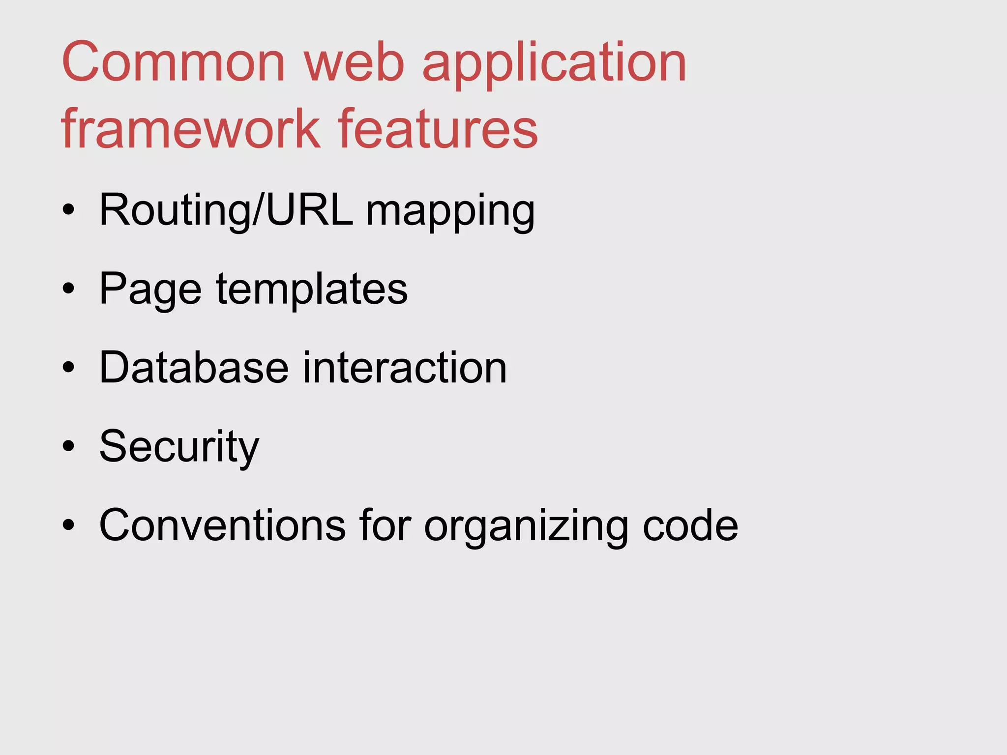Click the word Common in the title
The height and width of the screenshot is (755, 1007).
[173, 62]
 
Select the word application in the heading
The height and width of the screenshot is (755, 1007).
[554, 65]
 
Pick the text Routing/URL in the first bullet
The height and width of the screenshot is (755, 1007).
[226, 210]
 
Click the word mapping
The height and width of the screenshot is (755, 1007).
[450, 212]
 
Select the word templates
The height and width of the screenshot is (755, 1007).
[312, 290]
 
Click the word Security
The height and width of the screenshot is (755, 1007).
[179, 447]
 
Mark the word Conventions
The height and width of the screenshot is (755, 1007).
[222, 525]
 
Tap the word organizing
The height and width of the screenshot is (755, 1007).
[526, 527]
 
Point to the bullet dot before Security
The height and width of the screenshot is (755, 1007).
[69, 446]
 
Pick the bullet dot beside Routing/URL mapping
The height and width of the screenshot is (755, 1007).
[69, 210]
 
